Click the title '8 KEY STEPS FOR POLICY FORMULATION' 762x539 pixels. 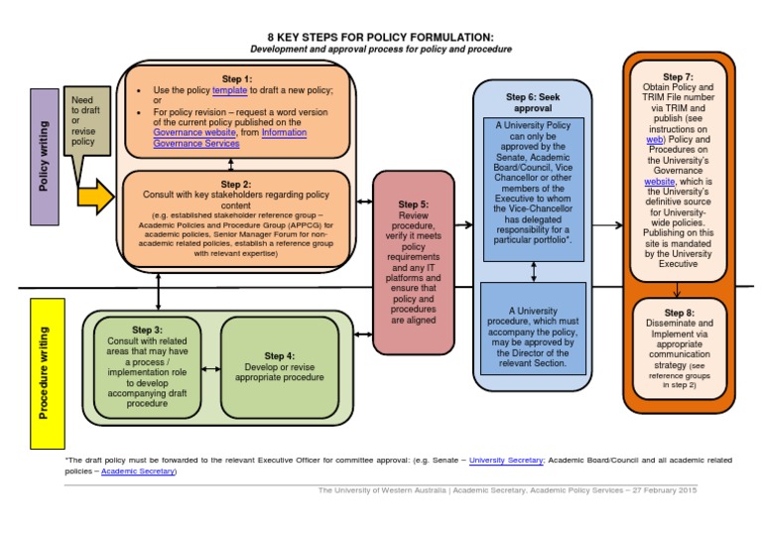tap(381, 37)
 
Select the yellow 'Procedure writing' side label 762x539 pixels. tap(44, 369)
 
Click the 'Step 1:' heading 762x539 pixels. tap(235, 77)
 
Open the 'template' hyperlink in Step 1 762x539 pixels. tap(229, 89)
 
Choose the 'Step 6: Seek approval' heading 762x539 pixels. tap(534, 103)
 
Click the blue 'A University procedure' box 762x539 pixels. tap(535, 336)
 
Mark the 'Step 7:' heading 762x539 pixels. tap(678, 76)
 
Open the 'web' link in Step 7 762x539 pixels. tap(655, 141)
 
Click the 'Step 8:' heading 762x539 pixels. tap(678, 312)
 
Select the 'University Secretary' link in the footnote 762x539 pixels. tap(505, 461)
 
